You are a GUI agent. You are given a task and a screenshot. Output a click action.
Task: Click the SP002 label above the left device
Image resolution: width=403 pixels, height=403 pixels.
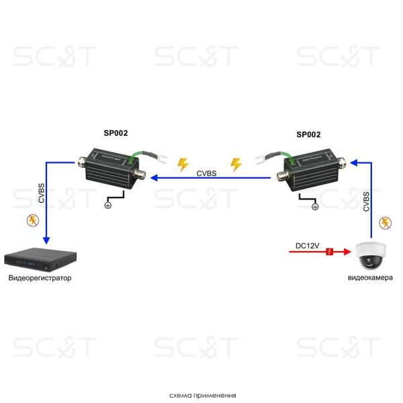(x=116, y=133)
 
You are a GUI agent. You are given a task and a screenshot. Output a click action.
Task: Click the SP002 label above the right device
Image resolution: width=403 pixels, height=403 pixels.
(x=308, y=134)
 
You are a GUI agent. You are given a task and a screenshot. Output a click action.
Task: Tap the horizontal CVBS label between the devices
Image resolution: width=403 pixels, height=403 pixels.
(x=206, y=173)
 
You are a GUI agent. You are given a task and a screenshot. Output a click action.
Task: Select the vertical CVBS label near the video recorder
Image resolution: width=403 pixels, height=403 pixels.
(x=42, y=193)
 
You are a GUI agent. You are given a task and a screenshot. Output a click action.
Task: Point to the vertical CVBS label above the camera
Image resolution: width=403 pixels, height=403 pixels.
(x=366, y=201)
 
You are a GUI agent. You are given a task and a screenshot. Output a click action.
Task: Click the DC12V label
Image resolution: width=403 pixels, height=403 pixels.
(x=308, y=246)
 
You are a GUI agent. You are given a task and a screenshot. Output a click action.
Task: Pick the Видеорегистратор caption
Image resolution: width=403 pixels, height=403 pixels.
(x=40, y=278)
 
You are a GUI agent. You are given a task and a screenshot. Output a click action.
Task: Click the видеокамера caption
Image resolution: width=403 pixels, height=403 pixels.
(x=370, y=277)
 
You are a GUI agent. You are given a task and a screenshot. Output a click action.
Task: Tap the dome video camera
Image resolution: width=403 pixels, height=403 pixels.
(x=370, y=255)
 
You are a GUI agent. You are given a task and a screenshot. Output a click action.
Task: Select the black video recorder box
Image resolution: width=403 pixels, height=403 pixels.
(x=40, y=259)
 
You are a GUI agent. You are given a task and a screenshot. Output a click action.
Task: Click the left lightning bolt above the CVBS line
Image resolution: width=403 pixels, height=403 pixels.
(x=183, y=165)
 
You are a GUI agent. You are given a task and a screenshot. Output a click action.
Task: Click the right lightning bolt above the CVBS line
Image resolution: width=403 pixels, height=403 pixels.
(x=236, y=165)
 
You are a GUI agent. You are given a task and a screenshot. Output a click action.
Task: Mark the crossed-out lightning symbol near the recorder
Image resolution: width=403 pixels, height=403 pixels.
(x=33, y=220)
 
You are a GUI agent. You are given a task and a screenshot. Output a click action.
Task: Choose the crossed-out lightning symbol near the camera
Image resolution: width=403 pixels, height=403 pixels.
(x=386, y=222)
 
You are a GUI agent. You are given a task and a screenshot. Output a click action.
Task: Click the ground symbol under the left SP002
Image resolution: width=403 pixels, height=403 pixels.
(x=108, y=205)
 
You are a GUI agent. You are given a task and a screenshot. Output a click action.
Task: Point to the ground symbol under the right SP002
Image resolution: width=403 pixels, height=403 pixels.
(x=315, y=206)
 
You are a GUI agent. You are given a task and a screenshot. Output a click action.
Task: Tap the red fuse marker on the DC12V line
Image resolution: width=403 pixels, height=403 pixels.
(x=330, y=252)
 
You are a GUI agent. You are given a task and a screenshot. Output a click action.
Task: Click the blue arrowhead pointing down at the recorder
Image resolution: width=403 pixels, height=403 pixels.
(x=46, y=240)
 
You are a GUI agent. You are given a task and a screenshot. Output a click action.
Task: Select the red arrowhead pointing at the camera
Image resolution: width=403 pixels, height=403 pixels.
(x=347, y=252)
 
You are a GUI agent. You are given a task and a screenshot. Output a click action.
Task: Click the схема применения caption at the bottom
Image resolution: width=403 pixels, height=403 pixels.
(x=203, y=396)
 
